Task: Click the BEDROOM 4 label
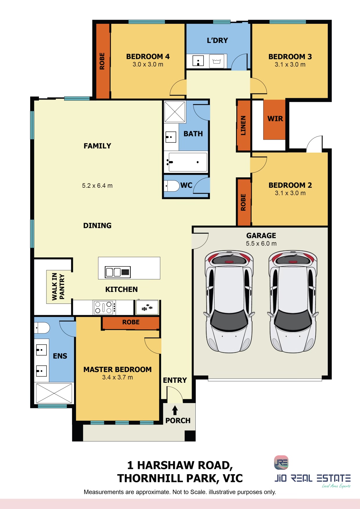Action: point(148,57)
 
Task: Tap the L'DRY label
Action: point(217,40)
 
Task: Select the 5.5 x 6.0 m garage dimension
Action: point(261,243)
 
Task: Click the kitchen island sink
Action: point(118,272)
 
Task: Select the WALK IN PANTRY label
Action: point(58,287)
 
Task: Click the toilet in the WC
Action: point(172,186)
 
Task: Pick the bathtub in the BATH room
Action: point(187,162)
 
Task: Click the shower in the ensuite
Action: point(54,393)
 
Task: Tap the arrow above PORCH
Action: point(175,410)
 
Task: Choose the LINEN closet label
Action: point(243,126)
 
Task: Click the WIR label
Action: point(275,119)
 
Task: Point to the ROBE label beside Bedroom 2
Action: point(243,202)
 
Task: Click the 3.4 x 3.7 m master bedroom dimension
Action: point(117,377)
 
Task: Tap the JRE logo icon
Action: point(281,463)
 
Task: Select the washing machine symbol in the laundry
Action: point(217,61)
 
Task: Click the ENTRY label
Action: point(175,380)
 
